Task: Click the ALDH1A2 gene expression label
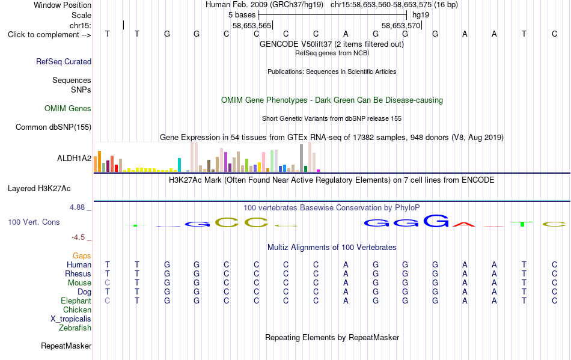coord(74,158)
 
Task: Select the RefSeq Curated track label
coord(64,61)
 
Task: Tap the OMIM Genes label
coord(68,108)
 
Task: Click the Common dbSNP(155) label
coord(53,127)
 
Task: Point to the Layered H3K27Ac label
coord(39,189)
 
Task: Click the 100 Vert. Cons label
coord(34,222)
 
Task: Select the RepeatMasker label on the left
coord(66,346)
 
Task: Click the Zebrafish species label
coord(75,328)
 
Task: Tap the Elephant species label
coord(76,301)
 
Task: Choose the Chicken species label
coord(77,310)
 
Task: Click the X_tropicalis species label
coord(71,319)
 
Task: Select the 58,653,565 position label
coord(252,25)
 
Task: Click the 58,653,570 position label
coord(401,25)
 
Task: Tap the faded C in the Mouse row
coord(108,283)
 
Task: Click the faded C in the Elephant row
coord(108,301)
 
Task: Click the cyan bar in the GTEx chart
coord(179,165)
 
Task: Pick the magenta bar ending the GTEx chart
coord(319,171)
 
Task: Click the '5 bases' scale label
coord(242,15)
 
